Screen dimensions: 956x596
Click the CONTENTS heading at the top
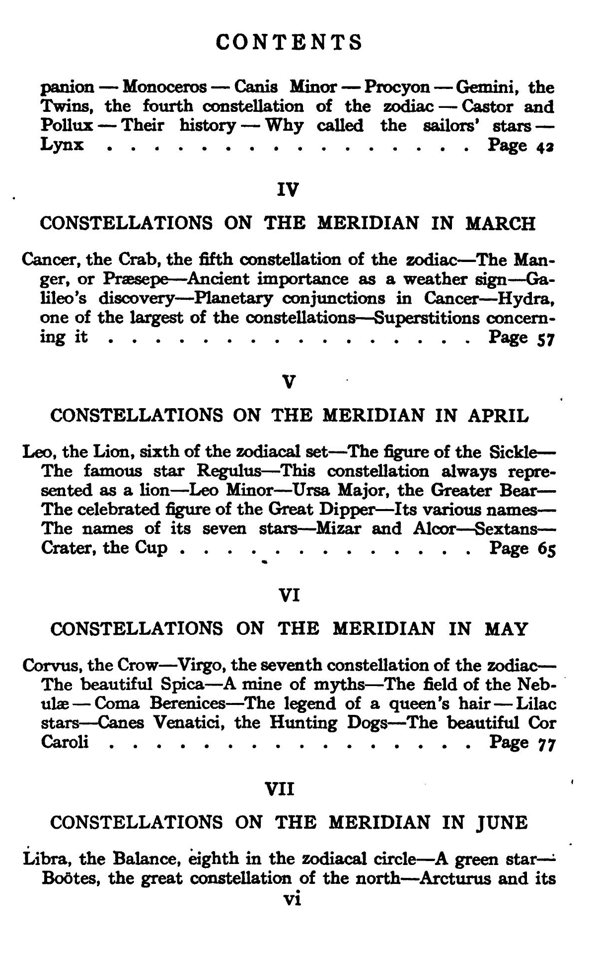[290, 42]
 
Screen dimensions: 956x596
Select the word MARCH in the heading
[500, 224]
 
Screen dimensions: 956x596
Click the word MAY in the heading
[505, 630]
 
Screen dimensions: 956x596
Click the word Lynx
[62, 145]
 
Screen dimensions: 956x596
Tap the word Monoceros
[164, 87]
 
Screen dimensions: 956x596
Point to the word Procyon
[397, 87]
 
